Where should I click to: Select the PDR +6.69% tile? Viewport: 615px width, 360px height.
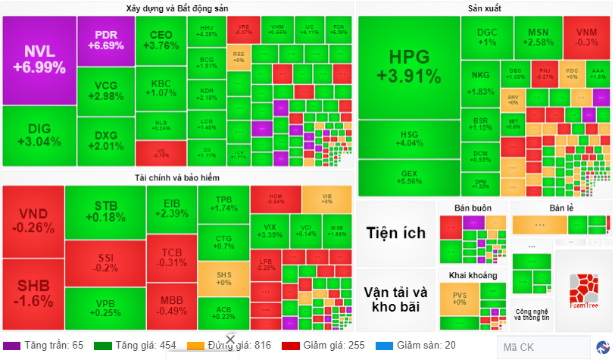105,40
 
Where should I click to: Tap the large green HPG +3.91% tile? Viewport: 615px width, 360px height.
409,67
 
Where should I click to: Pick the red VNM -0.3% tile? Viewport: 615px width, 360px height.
586,37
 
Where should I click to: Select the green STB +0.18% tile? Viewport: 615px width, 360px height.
105,211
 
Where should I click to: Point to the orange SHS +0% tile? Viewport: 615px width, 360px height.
223,278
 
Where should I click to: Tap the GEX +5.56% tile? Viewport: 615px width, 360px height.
409,177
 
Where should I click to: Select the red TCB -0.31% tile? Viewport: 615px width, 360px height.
172,257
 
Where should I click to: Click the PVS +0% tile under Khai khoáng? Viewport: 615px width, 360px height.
460,298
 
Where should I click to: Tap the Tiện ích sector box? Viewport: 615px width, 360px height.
395,233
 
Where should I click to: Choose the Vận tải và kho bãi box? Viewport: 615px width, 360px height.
395,299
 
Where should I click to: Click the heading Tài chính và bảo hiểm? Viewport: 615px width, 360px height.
176,177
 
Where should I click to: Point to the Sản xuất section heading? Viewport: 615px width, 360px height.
484,8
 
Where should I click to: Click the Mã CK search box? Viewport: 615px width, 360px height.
542,347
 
